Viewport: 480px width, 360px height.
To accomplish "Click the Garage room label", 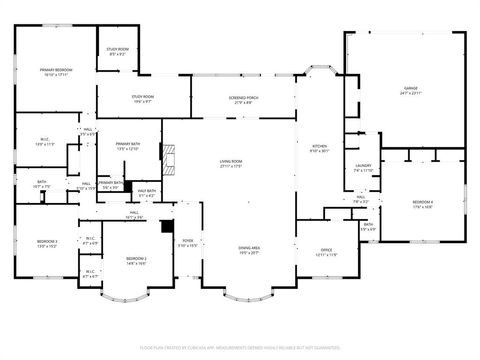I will [410, 89].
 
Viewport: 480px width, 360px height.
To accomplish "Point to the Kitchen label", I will [318, 147].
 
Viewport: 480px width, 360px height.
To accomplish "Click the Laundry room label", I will [363, 166].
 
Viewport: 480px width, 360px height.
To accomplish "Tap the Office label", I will [325, 250].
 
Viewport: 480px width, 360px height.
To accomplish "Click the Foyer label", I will [187, 241].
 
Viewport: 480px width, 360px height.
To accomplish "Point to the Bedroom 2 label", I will [136, 259].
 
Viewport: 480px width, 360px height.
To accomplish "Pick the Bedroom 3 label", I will [47, 241].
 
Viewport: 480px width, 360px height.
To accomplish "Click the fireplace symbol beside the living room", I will [173, 158].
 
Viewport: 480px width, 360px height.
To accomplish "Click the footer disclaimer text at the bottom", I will [240, 348].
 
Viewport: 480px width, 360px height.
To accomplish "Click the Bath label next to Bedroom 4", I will [368, 225].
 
